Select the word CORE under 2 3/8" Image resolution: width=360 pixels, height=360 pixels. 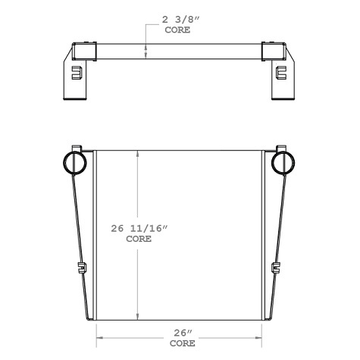(x=177, y=33)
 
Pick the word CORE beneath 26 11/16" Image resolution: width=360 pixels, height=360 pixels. (x=138, y=238)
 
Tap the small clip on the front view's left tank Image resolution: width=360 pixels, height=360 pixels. (x=81, y=268)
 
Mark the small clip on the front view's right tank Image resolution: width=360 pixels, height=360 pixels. (x=276, y=268)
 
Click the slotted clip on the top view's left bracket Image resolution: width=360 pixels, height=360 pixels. (x=76, y=73)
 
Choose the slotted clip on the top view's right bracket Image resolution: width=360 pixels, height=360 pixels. (x=281, y=73)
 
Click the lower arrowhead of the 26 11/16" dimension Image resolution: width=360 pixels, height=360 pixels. (x=137, y=318)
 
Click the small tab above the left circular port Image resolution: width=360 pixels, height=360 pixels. (x=74, y=146)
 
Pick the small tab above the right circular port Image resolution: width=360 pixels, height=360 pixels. (x=282, y=146)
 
